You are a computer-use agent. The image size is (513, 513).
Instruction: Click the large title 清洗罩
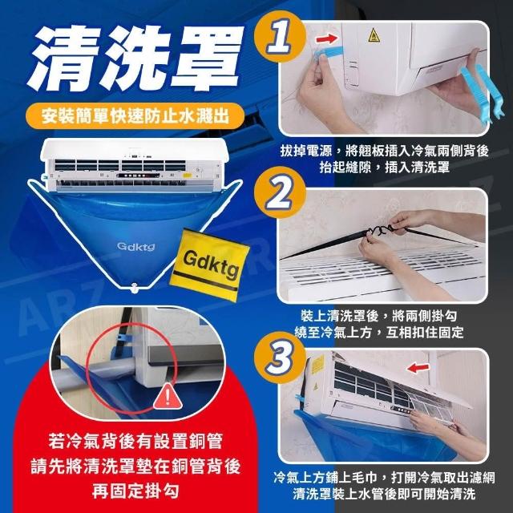coord(135,59)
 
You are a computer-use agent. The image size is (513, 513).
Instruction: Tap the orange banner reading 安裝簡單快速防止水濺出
coord(135,116)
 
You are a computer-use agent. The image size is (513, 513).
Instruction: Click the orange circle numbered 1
coord(280,36)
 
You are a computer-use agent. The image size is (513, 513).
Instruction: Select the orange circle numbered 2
coord(280,192)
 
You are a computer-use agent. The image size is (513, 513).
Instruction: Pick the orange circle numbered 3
coord(280,357)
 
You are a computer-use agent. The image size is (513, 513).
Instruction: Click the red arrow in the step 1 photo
coord(327,38)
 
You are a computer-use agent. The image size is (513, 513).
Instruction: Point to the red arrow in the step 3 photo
coord(418,367)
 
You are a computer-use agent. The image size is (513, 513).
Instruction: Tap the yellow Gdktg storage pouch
coord(209,265)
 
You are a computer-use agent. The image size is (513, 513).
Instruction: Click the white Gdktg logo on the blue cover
coord(135,246)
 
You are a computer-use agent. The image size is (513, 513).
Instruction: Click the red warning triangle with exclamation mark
coord(168,397)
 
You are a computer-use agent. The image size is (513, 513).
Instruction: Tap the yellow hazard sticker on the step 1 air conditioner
coord(374,35)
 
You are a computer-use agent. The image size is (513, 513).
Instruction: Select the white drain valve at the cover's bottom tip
coord(134,288)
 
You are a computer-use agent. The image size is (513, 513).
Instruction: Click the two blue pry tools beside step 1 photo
coord(483,93)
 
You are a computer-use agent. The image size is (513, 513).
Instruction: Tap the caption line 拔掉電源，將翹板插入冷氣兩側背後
coord(385,151)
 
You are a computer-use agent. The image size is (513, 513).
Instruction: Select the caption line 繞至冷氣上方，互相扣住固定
coord(379,332)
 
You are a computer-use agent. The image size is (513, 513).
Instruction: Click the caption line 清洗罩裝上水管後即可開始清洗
coord(384,494)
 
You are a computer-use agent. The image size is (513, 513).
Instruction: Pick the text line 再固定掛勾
coord(135,491)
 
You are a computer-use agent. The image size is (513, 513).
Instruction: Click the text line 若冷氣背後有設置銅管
coord(135,441)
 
